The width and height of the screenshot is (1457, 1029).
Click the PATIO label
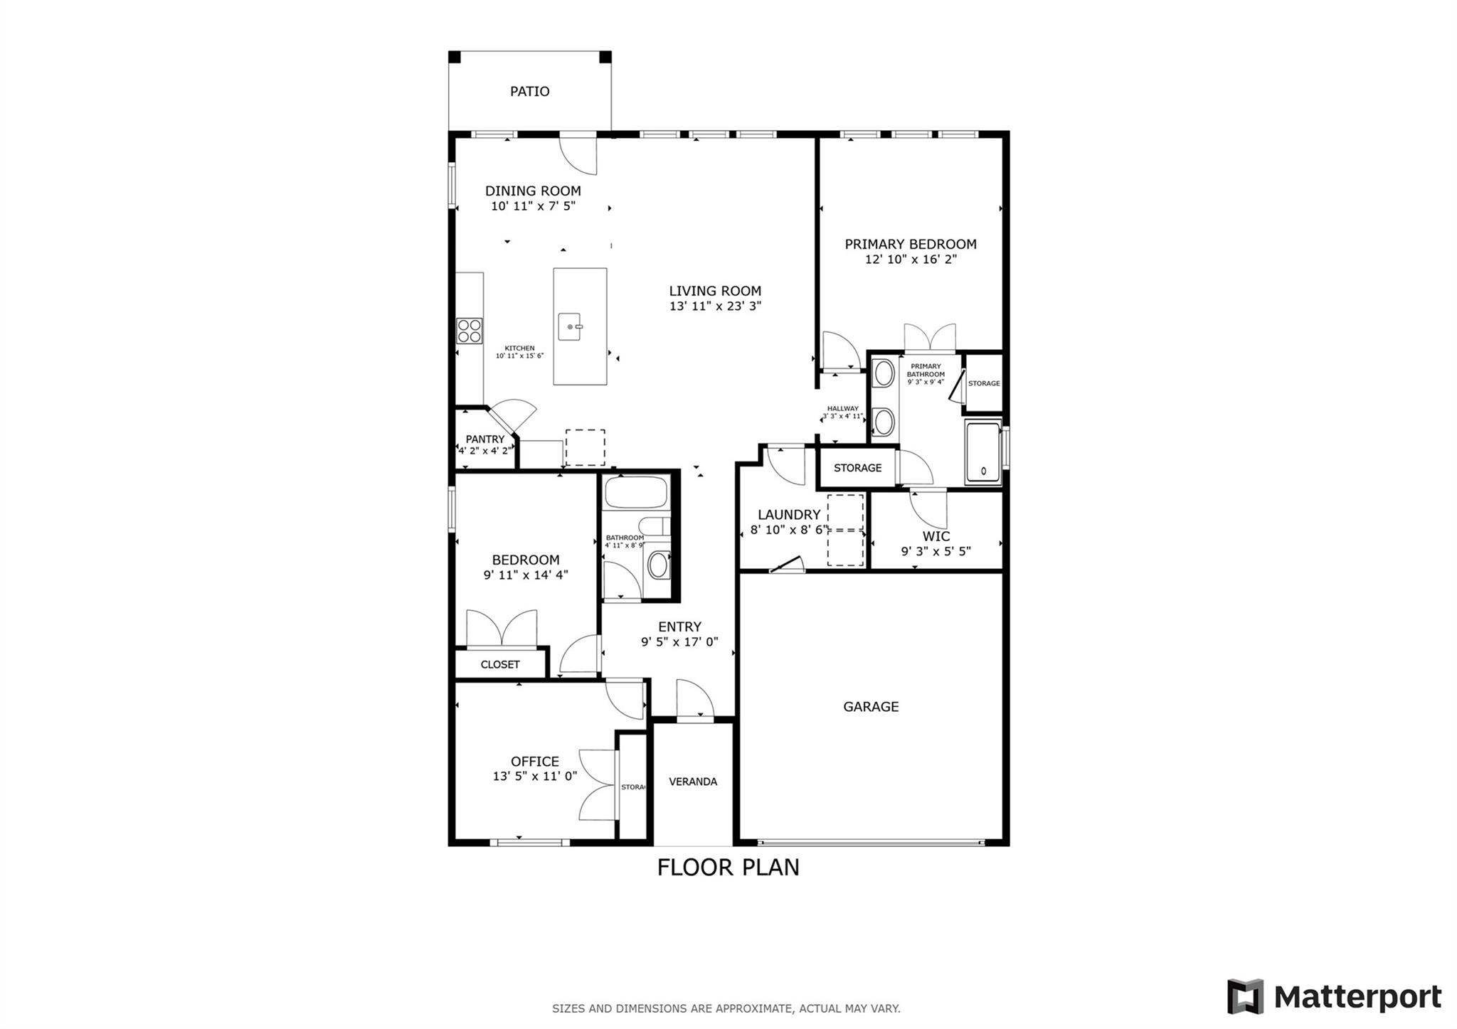(529, 91)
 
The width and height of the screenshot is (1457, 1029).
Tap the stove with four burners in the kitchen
(469, 331)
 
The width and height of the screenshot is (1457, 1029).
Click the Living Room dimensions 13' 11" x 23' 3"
(715, 306)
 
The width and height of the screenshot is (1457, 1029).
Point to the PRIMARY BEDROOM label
(910, 244)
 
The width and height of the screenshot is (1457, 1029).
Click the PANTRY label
(484, 439)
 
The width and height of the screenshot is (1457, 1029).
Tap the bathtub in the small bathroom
(635, 492)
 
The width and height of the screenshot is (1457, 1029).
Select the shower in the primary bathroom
(982, 452)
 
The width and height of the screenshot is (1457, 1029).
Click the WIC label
(936, 536)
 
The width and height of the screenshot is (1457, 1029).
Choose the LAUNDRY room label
(788, 514)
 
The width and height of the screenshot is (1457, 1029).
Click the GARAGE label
(871, 706)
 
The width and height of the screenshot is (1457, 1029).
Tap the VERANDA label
(693, 782)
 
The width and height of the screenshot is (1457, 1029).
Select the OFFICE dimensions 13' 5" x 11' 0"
(535, 777)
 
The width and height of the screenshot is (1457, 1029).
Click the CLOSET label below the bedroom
(499, 664)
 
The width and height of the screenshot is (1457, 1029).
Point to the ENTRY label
(679, 627)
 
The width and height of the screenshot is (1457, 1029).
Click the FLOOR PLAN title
(728, 868)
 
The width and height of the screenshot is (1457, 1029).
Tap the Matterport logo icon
(1245, 996)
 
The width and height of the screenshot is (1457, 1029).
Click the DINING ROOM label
(533, 191)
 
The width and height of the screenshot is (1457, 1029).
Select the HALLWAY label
(842, 409)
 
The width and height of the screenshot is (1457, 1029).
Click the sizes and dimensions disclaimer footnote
(726, 1008)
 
